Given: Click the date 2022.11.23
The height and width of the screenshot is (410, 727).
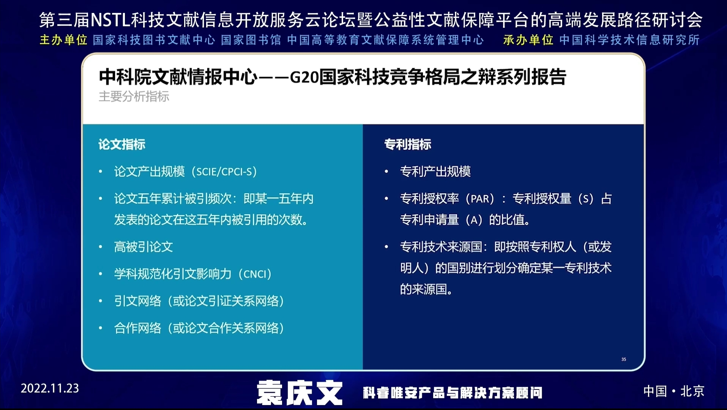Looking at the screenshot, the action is [50, 388].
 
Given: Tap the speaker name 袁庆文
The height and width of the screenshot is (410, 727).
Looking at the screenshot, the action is [300, 393].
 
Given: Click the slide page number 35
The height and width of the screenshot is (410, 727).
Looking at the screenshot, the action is [624, 359].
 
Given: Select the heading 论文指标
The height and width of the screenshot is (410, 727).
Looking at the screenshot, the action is [122, 144].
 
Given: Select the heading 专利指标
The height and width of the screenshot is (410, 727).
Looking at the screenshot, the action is [408, 144].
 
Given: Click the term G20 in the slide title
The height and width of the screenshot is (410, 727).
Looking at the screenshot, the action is [304, 77].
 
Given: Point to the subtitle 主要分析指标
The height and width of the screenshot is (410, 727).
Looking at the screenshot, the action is [134, 96].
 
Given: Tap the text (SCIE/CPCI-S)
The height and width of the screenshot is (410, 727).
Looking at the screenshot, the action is [224, 172].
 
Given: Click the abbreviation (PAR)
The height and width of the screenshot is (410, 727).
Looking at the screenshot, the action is [480, 199].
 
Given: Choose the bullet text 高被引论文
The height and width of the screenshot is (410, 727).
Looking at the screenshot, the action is [144, 247].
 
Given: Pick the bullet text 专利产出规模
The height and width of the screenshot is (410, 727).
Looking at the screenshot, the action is [435, 172].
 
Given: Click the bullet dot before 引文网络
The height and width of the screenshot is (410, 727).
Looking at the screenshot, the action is [101, 301].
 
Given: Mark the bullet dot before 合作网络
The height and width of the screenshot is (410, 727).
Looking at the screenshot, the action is [101, 328].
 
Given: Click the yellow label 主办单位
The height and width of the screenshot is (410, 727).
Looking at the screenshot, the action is [63, 40].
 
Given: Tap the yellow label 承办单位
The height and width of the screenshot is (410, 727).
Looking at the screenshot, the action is [528, 40].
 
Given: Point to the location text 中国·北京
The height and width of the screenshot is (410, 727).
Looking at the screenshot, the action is [674, 391].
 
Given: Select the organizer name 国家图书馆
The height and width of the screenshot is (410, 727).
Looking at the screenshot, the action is [251, 40].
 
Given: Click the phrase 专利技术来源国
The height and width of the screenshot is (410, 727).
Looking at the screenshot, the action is [441, 247].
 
